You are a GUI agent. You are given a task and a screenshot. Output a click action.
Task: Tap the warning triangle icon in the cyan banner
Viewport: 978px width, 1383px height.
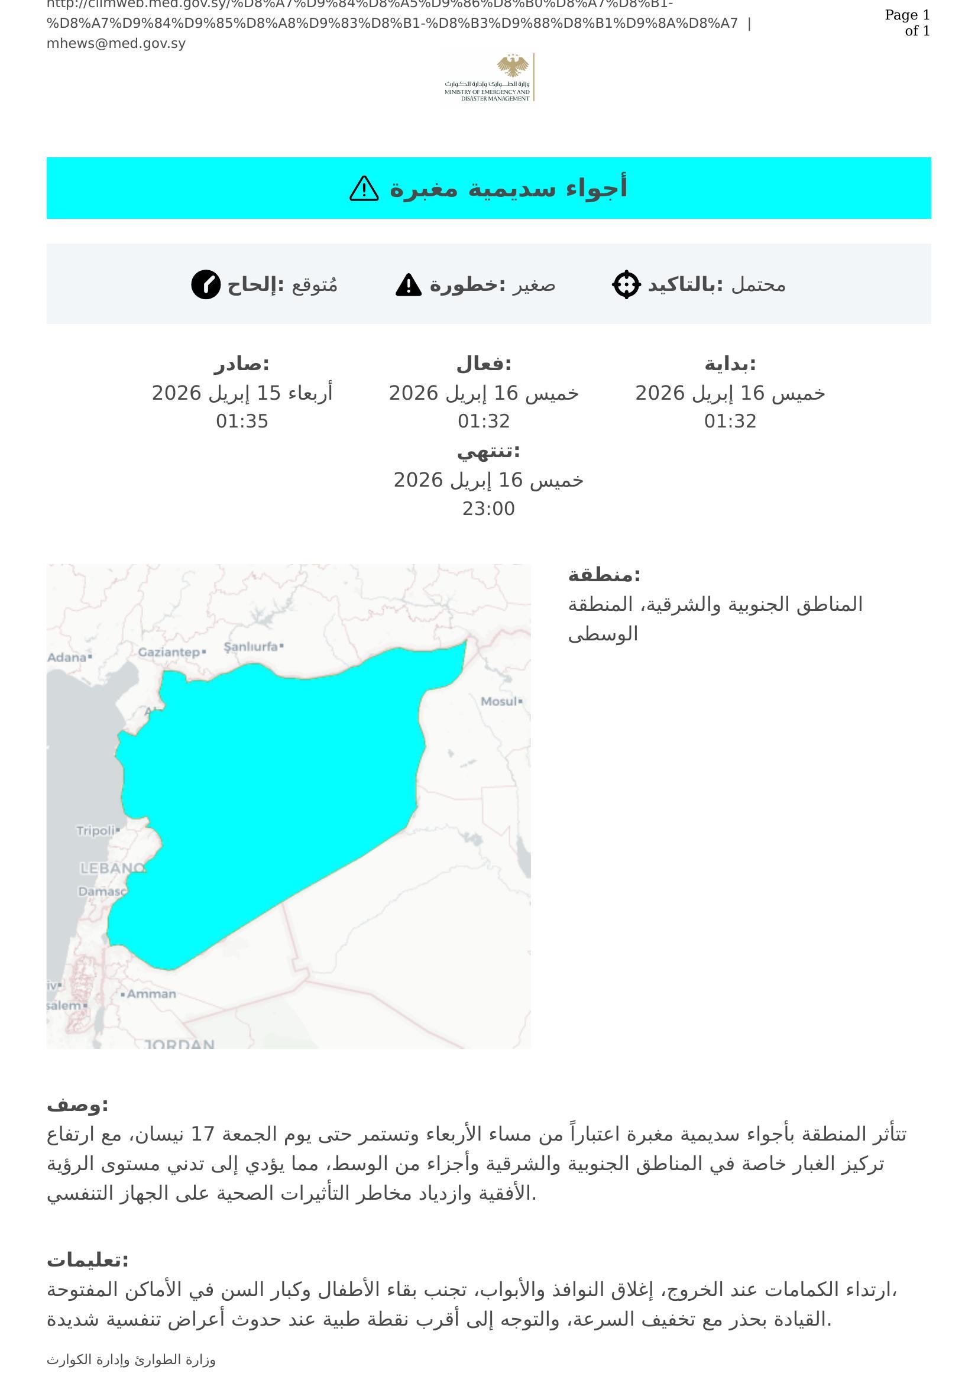364,189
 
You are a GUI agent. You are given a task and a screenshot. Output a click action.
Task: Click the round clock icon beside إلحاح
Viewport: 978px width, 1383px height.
206,284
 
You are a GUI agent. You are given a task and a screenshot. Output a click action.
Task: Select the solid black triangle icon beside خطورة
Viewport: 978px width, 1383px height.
409,285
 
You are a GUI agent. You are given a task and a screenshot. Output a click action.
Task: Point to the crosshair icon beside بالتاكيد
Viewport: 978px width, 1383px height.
626,284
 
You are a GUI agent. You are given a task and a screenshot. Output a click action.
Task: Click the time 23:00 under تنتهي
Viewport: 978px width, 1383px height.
488,509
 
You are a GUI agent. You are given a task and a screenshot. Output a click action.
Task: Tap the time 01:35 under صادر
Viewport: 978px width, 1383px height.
242,421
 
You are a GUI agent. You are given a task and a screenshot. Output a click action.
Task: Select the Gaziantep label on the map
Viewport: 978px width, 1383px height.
169,652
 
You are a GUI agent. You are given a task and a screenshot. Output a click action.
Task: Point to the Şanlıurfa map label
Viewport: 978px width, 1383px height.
251,647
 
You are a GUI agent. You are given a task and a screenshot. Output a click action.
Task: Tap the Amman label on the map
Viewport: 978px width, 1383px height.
151,994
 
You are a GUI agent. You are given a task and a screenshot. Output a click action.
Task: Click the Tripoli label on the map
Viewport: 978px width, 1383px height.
95,831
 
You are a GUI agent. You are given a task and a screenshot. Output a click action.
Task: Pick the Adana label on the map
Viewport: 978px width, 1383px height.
67,657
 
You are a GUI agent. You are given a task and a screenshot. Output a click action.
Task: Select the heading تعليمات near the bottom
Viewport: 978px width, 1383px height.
88,1261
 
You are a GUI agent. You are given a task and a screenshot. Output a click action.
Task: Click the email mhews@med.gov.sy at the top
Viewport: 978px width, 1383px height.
116,43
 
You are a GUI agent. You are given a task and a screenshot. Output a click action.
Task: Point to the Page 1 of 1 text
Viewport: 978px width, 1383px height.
908,23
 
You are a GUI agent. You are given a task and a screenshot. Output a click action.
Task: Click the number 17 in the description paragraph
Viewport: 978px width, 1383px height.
202,1135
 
